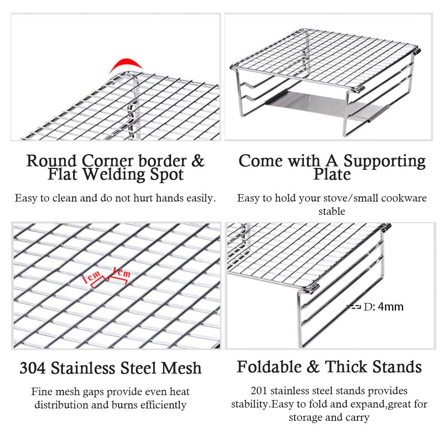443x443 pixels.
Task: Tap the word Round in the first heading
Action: [51, 161]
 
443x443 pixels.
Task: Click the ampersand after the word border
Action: [198, 161]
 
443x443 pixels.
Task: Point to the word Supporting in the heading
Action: [384, 161]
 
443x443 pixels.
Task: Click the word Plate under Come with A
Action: [332, 174]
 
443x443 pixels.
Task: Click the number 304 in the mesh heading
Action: [32, 368]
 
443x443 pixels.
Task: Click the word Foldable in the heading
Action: [269, 367]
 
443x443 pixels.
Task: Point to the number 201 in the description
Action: [259, 391]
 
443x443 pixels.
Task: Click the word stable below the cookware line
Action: [332, 211]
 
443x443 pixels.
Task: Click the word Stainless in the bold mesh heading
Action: [83, 368]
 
